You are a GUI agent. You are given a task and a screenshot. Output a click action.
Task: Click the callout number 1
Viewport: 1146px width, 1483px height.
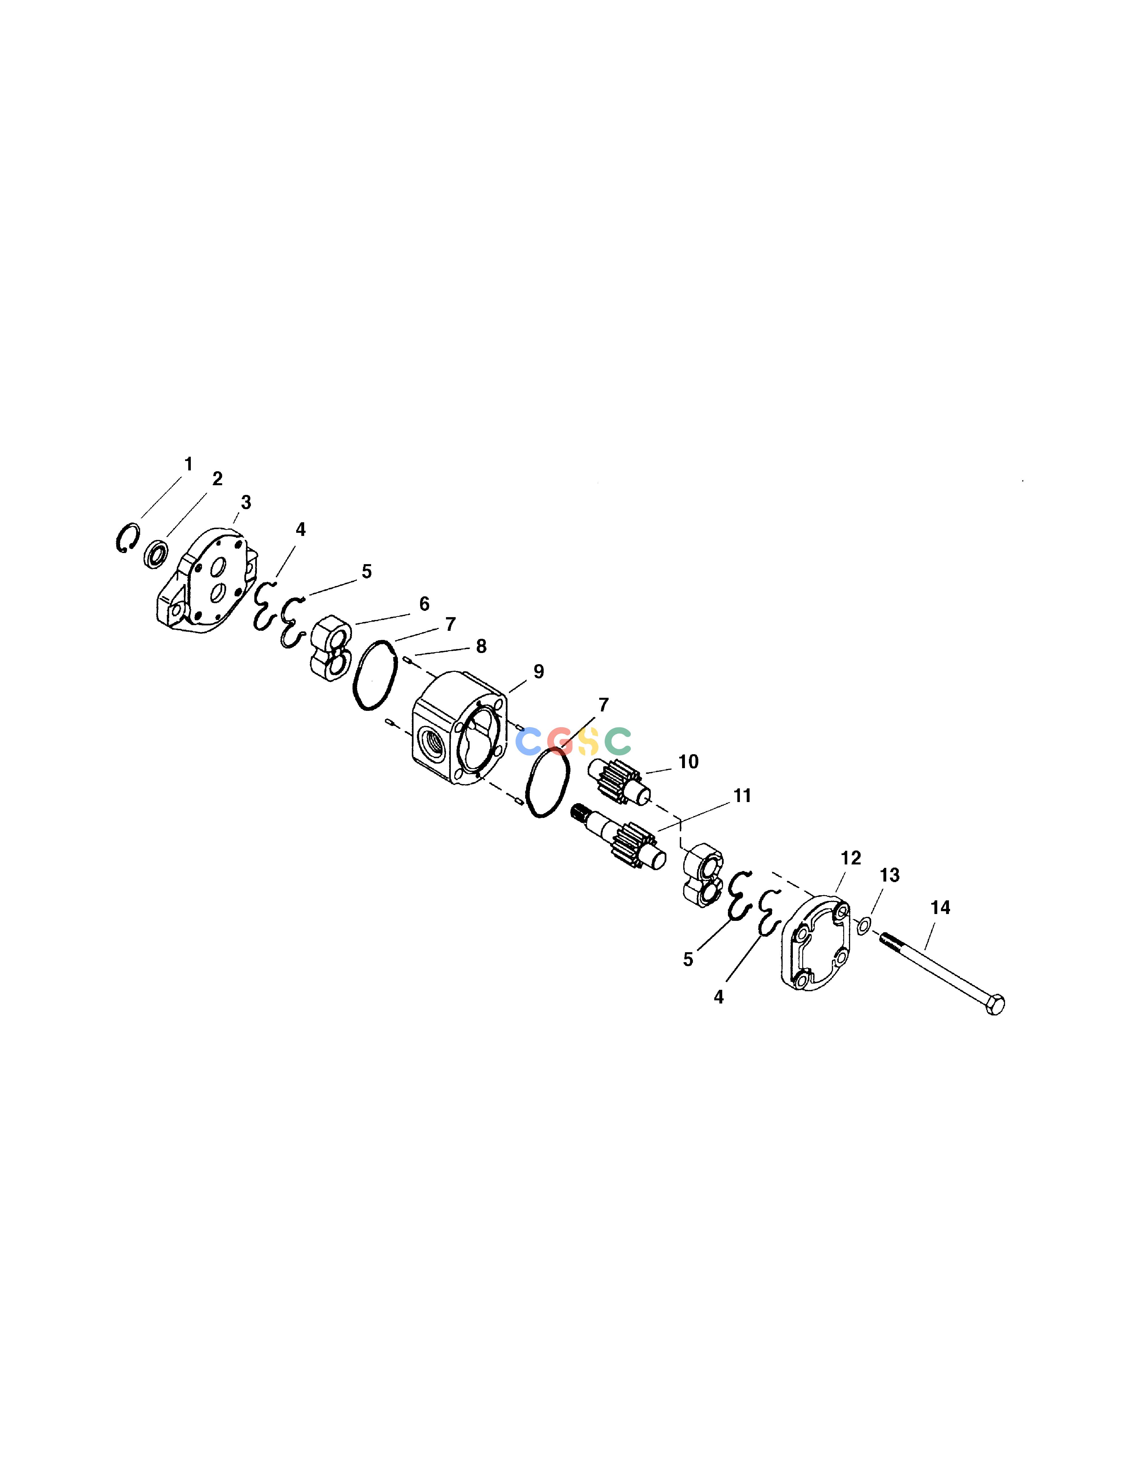tap(189, 464)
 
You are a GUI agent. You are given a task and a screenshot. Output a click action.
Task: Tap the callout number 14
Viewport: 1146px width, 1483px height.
tap(940, 908)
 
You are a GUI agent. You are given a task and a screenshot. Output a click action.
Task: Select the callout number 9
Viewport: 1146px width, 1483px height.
tap(538, 672)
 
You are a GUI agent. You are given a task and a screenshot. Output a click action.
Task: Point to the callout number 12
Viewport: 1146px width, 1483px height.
tap(851, 858)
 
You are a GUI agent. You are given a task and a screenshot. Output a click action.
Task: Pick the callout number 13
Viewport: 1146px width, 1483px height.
tap(889, 876)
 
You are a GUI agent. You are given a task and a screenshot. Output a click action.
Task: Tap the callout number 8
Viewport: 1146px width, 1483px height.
tap(481, 646)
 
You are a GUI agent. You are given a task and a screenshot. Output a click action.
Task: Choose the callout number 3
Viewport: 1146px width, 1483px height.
tap(246, 503)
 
